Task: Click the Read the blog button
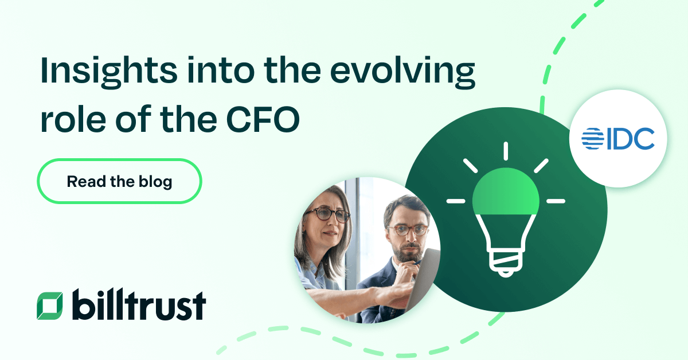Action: click(119, 182)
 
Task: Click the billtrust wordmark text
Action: click(139, 304)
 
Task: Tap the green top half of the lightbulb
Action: click(505, 193)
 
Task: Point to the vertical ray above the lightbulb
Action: click(505, 151)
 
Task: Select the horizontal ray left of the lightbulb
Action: click(456, 201)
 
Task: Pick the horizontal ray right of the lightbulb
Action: click(555, 201)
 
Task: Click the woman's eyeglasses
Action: click(328, 216)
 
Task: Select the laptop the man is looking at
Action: click(427, 275)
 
